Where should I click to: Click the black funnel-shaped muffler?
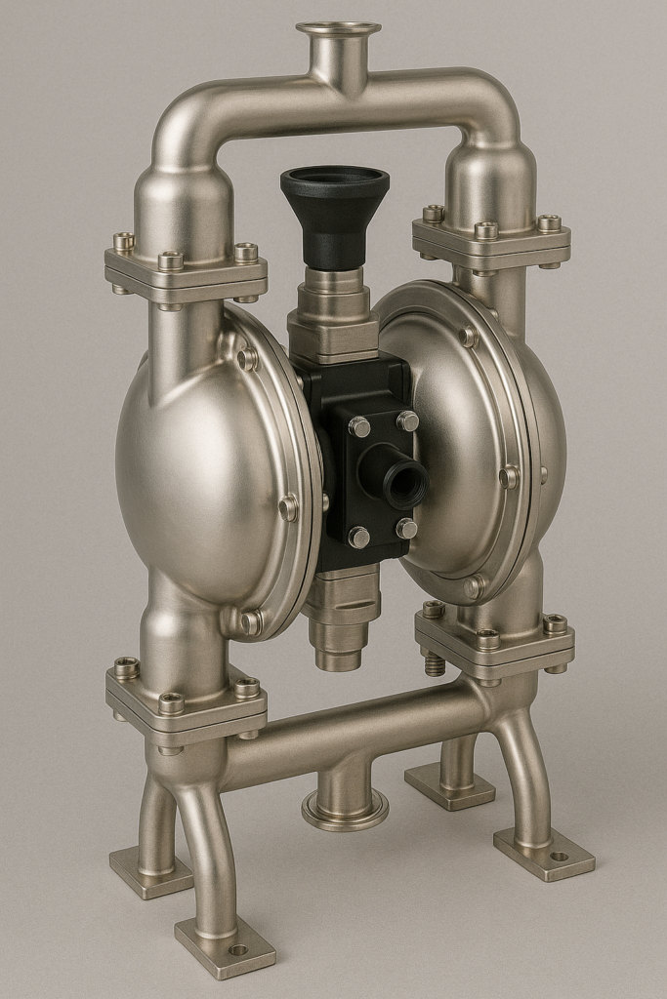click(x=334, y=210)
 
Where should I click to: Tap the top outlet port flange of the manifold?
click(x=338, y=29)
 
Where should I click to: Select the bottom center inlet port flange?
click(x=344, y=809)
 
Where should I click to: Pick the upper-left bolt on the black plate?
click(x=359, y=426)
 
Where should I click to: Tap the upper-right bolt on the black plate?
click(x=407, y=420)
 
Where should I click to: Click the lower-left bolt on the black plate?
click(x=359, y=537)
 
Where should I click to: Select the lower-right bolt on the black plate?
click(x=406, y=528)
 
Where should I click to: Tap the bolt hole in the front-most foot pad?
click(x=237, y=949)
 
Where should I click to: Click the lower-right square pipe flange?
click(x=494, y=639)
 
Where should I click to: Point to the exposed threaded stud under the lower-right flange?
click(x=435, y=664)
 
